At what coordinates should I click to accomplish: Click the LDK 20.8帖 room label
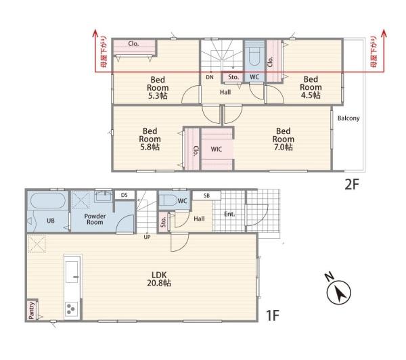point(159,279)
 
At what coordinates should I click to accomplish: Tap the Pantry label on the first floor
point(31,311)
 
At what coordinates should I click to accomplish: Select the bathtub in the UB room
point(48,200)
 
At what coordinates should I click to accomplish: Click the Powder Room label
point(95,219)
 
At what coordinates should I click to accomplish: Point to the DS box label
point(125,195)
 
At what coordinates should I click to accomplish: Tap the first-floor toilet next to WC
point(168,200)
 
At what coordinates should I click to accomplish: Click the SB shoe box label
point(206,196)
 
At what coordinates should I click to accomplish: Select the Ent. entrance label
point(229,215)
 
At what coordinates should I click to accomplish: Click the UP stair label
point(147,237)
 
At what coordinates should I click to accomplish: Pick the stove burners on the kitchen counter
point(71,309)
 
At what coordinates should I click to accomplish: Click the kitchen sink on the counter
point(72,271)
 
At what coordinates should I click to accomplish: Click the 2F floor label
point(352,185)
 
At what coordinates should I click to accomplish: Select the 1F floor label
point(273,315)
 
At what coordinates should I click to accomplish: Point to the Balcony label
point(348,118)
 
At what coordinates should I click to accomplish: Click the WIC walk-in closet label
point(217,149)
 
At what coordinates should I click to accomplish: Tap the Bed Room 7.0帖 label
point(284,139)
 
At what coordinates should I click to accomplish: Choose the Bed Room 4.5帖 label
point(311,87)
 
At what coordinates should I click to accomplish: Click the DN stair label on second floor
point(210,77)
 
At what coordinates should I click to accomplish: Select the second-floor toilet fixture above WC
point(254,55)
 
